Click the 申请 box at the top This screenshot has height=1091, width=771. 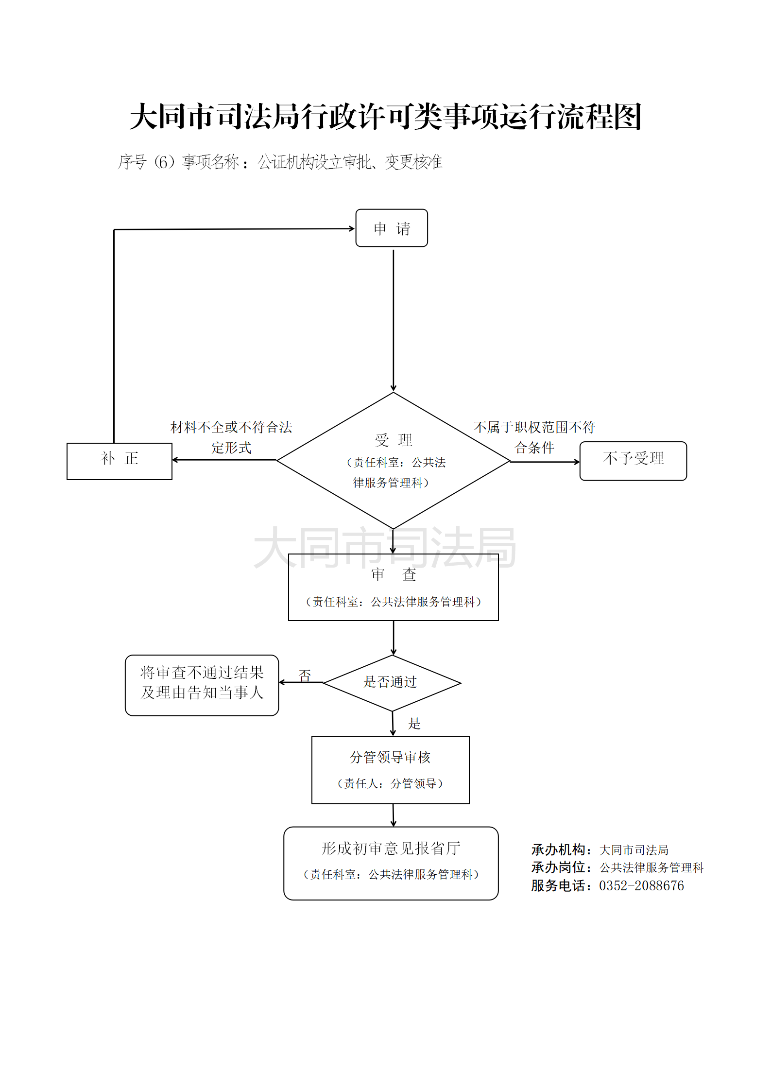pyautogui.click(x=392, y=228)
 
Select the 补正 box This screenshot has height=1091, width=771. pyautogui.click(x=120, y=461)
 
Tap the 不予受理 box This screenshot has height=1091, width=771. pyautogui.click(x=633, y=461)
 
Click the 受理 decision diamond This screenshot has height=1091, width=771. pyautogui.click(x=393, y=460)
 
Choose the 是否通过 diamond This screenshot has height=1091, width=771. pyautogui.click(x=392, y=682)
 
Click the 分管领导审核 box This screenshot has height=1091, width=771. pyautogui.click(x=390, y=770)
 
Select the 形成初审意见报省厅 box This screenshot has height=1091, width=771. pyautogui.click(x=391, y=863)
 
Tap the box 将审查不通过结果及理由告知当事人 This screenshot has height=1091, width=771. pyautogui.click(x=202, y=685)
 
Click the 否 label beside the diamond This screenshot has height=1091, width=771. pyautogui.click(x=305, y=675)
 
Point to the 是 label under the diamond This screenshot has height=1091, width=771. pyautogui.click(x=414, y=723)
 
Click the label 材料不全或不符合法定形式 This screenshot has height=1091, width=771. pyautogui.click(x=231, y=437)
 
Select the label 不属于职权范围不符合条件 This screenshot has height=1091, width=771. pyautogui.click(x=534, y=437)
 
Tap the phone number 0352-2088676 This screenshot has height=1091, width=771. pyautogui.click(x=641, y=886)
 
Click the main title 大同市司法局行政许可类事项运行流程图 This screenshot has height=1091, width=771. pyautogui.click(x=386, y=117)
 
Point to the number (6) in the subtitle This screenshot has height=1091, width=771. pyautogui.click(x=164, y=162)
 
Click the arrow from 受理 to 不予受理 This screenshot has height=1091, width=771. pyautogui.click(x=545, y=462)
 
